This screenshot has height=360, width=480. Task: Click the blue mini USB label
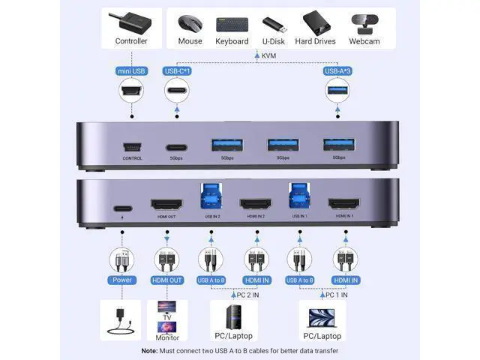131,71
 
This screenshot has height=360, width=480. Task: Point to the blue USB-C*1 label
178,71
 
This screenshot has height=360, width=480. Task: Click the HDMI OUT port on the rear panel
166,204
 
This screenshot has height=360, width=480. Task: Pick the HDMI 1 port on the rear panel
345,204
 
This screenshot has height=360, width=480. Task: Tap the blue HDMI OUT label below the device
166,280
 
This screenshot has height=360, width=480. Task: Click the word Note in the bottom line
149,351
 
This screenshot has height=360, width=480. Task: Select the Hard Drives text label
315,41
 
